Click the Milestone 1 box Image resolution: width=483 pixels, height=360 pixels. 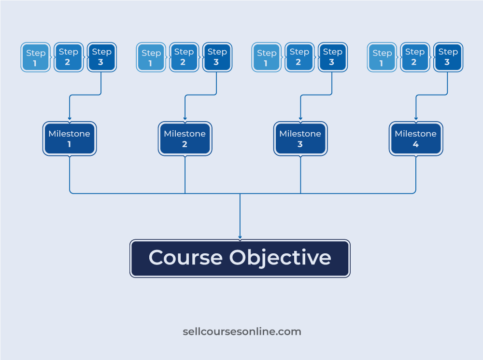(70, 139)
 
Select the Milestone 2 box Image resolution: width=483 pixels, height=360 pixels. (185, 139)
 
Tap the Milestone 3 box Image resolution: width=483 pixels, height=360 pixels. (300, 139)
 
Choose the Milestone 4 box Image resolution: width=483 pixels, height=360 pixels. (416, 139)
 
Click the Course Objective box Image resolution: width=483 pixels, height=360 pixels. (240, 259)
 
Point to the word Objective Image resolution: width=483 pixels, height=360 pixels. (280, 258)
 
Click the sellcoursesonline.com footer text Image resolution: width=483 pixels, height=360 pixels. (242, 332)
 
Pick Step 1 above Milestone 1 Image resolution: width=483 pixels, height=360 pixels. (35, 57)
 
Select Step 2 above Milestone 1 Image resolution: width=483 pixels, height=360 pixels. (69, 57)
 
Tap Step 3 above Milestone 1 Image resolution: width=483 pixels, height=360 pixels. (102, 57)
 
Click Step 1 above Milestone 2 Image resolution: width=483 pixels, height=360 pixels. (151, 57)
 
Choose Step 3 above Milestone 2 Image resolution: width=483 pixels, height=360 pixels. (217, 57)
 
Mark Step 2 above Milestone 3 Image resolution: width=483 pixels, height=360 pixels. (300, 57)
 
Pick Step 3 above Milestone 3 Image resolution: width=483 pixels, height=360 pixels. (333, 57)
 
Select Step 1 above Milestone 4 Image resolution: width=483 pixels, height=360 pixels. (382, 57)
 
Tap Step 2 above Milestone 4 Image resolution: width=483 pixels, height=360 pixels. (415, 57)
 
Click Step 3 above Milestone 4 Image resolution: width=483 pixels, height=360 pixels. (449, 57)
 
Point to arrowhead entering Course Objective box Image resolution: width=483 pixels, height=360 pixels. (240, 237)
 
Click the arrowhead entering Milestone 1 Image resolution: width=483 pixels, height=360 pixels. (70, 118)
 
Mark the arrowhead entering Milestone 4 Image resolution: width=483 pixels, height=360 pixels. (416, 118)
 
